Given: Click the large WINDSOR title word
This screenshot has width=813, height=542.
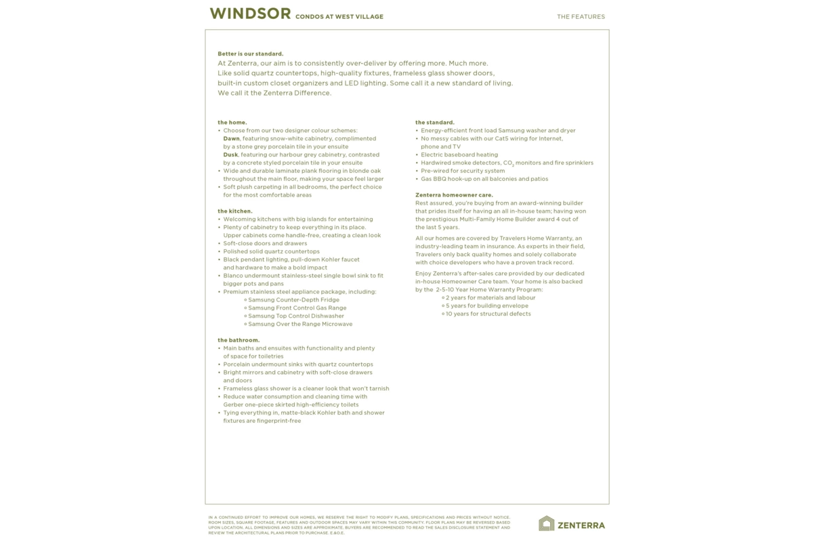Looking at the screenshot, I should click(x=250, y=14).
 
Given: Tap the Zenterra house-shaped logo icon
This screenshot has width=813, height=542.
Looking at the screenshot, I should click(x=546, y=523).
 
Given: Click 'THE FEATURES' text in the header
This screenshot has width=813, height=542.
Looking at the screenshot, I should click(x=581, y=17).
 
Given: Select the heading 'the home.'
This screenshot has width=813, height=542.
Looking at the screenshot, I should click(x=232, y=123).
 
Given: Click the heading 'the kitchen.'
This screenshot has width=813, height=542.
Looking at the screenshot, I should click(x=234, y=211).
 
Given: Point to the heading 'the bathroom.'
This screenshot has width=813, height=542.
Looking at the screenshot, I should click(x=238, y=340).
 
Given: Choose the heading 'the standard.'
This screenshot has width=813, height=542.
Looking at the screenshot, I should click(x=434, y=123).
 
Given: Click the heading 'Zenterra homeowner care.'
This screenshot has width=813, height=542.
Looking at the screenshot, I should click(x=454, y=195).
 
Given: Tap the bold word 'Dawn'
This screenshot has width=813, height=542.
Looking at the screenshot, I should click(x=231, y=138).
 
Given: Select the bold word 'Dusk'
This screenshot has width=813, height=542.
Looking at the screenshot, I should click(x=230, y=154).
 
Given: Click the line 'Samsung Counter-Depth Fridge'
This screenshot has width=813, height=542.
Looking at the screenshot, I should click(x=293, y=299).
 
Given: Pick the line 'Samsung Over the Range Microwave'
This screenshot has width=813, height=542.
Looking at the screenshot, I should click(x=300, y=324).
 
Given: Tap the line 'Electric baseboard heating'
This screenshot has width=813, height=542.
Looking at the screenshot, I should click(x=459, y=154).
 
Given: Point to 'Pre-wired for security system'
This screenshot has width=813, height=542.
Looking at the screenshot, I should click(x=462, y=171).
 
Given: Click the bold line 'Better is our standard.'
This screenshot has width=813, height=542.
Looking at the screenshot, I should click(x=250, y=54).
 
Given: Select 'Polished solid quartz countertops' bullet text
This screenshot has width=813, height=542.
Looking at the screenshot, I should click(x=271, y=251).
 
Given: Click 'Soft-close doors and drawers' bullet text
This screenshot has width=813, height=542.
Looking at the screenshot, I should click(x=265, y=243).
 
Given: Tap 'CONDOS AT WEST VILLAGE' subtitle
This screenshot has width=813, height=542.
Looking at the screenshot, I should click(x=339, y=17).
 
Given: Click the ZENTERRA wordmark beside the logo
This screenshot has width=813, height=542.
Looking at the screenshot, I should click(x=581, y=525).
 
